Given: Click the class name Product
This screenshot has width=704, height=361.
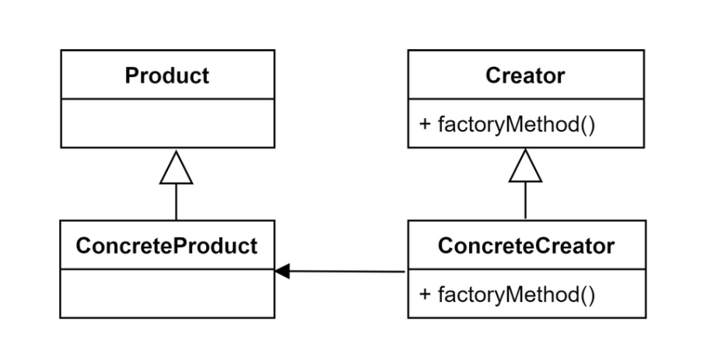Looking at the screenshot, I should click(167, 75).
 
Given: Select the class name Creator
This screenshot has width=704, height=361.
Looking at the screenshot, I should click(525, 75).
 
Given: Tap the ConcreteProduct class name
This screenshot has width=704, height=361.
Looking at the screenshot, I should click(167, 246).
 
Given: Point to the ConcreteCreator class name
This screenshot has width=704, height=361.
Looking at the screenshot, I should click(526, 246).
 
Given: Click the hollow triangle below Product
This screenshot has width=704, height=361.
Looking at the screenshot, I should click(176, 169).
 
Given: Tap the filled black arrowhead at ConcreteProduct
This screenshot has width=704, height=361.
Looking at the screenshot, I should click(282, 271).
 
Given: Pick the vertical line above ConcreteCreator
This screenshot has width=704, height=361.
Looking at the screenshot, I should click(525, 202).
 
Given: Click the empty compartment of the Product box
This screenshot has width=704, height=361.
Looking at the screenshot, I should click(167, 123).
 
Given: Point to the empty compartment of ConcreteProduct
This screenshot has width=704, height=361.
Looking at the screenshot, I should click(167, 293).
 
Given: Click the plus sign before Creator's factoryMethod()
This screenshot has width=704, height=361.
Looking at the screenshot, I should click(425, 124).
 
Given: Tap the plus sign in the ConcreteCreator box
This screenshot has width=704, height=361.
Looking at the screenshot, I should click(425, 295).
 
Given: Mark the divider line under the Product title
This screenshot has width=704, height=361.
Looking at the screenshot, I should click(167, 99).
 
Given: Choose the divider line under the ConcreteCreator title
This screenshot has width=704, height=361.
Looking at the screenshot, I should click(526, 269).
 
